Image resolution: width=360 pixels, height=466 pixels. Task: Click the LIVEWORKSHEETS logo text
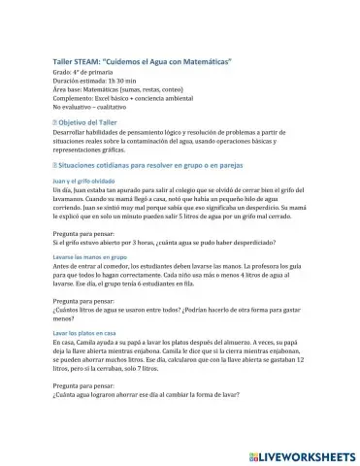pos(309,454)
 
